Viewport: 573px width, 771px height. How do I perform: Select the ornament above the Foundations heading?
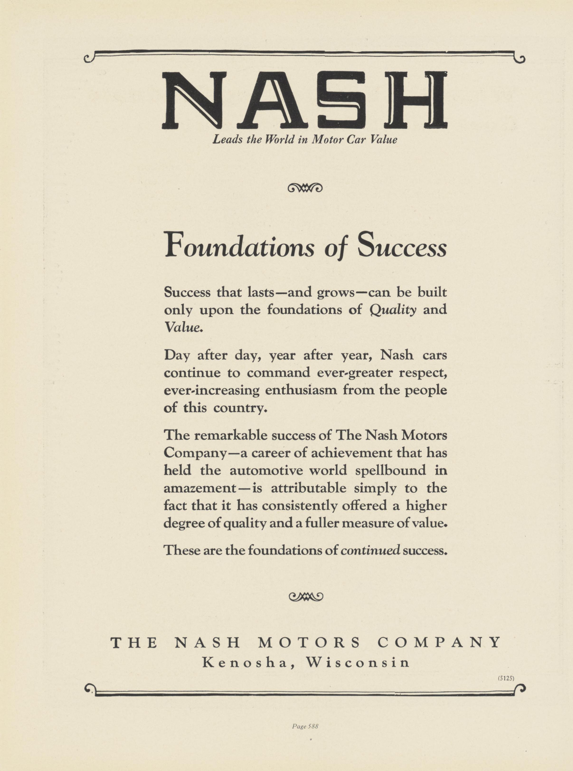[x=305, y=188]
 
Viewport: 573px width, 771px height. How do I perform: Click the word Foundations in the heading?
[x=240, y=245]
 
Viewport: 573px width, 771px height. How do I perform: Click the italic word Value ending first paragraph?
[x=183, y=327]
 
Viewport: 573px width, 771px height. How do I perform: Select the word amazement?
[x=199, y=488]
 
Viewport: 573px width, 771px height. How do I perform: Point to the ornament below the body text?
[x=306, y=596]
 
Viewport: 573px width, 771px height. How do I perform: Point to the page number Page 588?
[x=305, y=726]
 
